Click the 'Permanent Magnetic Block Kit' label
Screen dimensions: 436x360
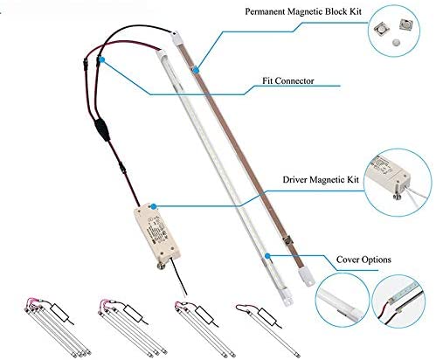pyautogui.click(x=303, y=11)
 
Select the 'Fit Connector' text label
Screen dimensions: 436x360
pyautogui.click(x=288, y=80)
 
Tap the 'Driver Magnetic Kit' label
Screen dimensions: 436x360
pyautogui.click(x=321, y=179)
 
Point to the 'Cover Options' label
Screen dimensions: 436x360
pyautogui.click(x=363, y=260)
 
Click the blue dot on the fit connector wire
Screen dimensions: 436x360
pyautogui.click(x=101, y=59)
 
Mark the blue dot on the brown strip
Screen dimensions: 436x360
pyautogui.click(x=197, y=70)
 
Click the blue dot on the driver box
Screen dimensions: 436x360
pyautogui.click(x=154, y=207)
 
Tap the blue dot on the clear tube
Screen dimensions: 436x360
pyautogui.click(x=267, y=256)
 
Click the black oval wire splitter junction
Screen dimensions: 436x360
pyautogui.click(x=101, y=129)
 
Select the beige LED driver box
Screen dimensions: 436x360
pyautogui.click(x=157, y=233)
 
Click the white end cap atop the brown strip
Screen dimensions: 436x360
pyautogui.click(x=177, y=38)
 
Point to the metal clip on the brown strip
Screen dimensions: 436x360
pyautogui.click(x=287, y=242)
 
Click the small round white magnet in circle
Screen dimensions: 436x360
pyautogui.click(x=396, y=43)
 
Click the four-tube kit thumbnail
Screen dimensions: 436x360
pyautogui.click(x=58, y=328)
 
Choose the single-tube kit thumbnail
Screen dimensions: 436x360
pyautogui.click(x=267, y=329)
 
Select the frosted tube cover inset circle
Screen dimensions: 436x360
pyautogui.click(x=343, y=300)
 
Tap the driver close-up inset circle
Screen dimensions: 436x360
pyautogui.click(x=398, y=183)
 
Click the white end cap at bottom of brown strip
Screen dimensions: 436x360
pyautogui.click(x=307, y=277)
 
